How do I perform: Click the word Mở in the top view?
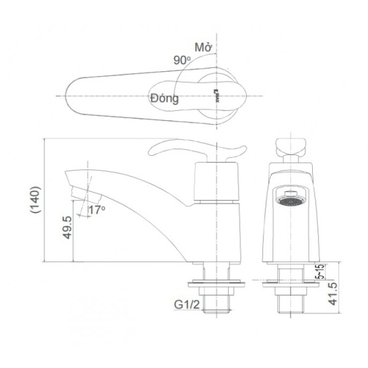[x=203, y=47]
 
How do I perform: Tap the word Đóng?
[x=164, y=98]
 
